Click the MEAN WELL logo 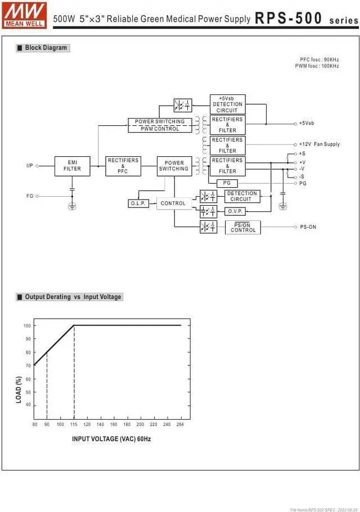pyautogui.click(x=25, y=15)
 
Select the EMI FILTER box pyautogui.click(x=72, y=166)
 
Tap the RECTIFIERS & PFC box pyautogui.click(x=123, y=166)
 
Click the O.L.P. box pyautogui.click(x=138, y=203)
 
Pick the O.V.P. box pyautogui.click(x=235, y=211)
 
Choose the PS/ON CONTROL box pyautogui.click(x=243, y=228)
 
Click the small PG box pyautogui.click(x=227, y=183)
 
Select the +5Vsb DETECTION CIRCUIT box pyautogui.click(x=227, y=104)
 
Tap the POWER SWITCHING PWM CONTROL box pyautogui.click(x=160, y=125)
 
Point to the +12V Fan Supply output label pyautogui.click(x=319, y=144)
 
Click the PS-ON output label pyautogui.click(x=308, y=227)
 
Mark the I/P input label pyautogui.click(x=30, y=166)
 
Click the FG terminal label pyautogui.click(x=30, y=196)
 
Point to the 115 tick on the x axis pyautogui.click(x=74, y=424)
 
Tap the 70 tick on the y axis pyautogui.click(x=27, y=366)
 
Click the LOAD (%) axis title pyautogui.click(x=19, y=389)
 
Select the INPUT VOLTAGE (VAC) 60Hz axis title pyautogui.click(x=111, y=439)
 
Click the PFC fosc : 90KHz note pyautogui.click(x=319, y=60)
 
